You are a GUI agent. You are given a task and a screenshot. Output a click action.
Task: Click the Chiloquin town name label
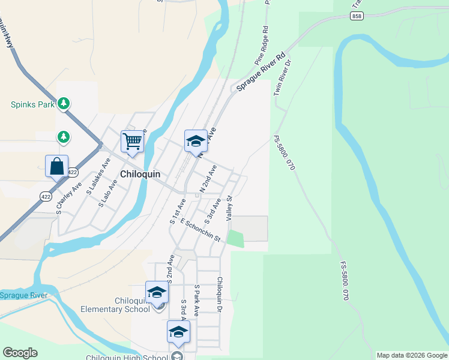140,173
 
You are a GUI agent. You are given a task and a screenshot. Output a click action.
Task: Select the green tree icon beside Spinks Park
64,104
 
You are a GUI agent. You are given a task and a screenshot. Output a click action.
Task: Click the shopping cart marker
132,142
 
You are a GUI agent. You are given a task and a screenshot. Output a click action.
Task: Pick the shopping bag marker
56,166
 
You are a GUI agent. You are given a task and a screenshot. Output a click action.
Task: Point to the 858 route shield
358,15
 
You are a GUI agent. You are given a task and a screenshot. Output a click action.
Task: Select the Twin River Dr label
282,78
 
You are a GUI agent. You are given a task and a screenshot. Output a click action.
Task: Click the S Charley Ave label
68,199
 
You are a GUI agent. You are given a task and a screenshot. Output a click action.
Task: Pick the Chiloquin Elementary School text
115,305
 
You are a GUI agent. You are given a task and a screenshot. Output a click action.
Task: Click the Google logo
20,353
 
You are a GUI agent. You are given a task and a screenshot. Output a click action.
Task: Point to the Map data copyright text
412,355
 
